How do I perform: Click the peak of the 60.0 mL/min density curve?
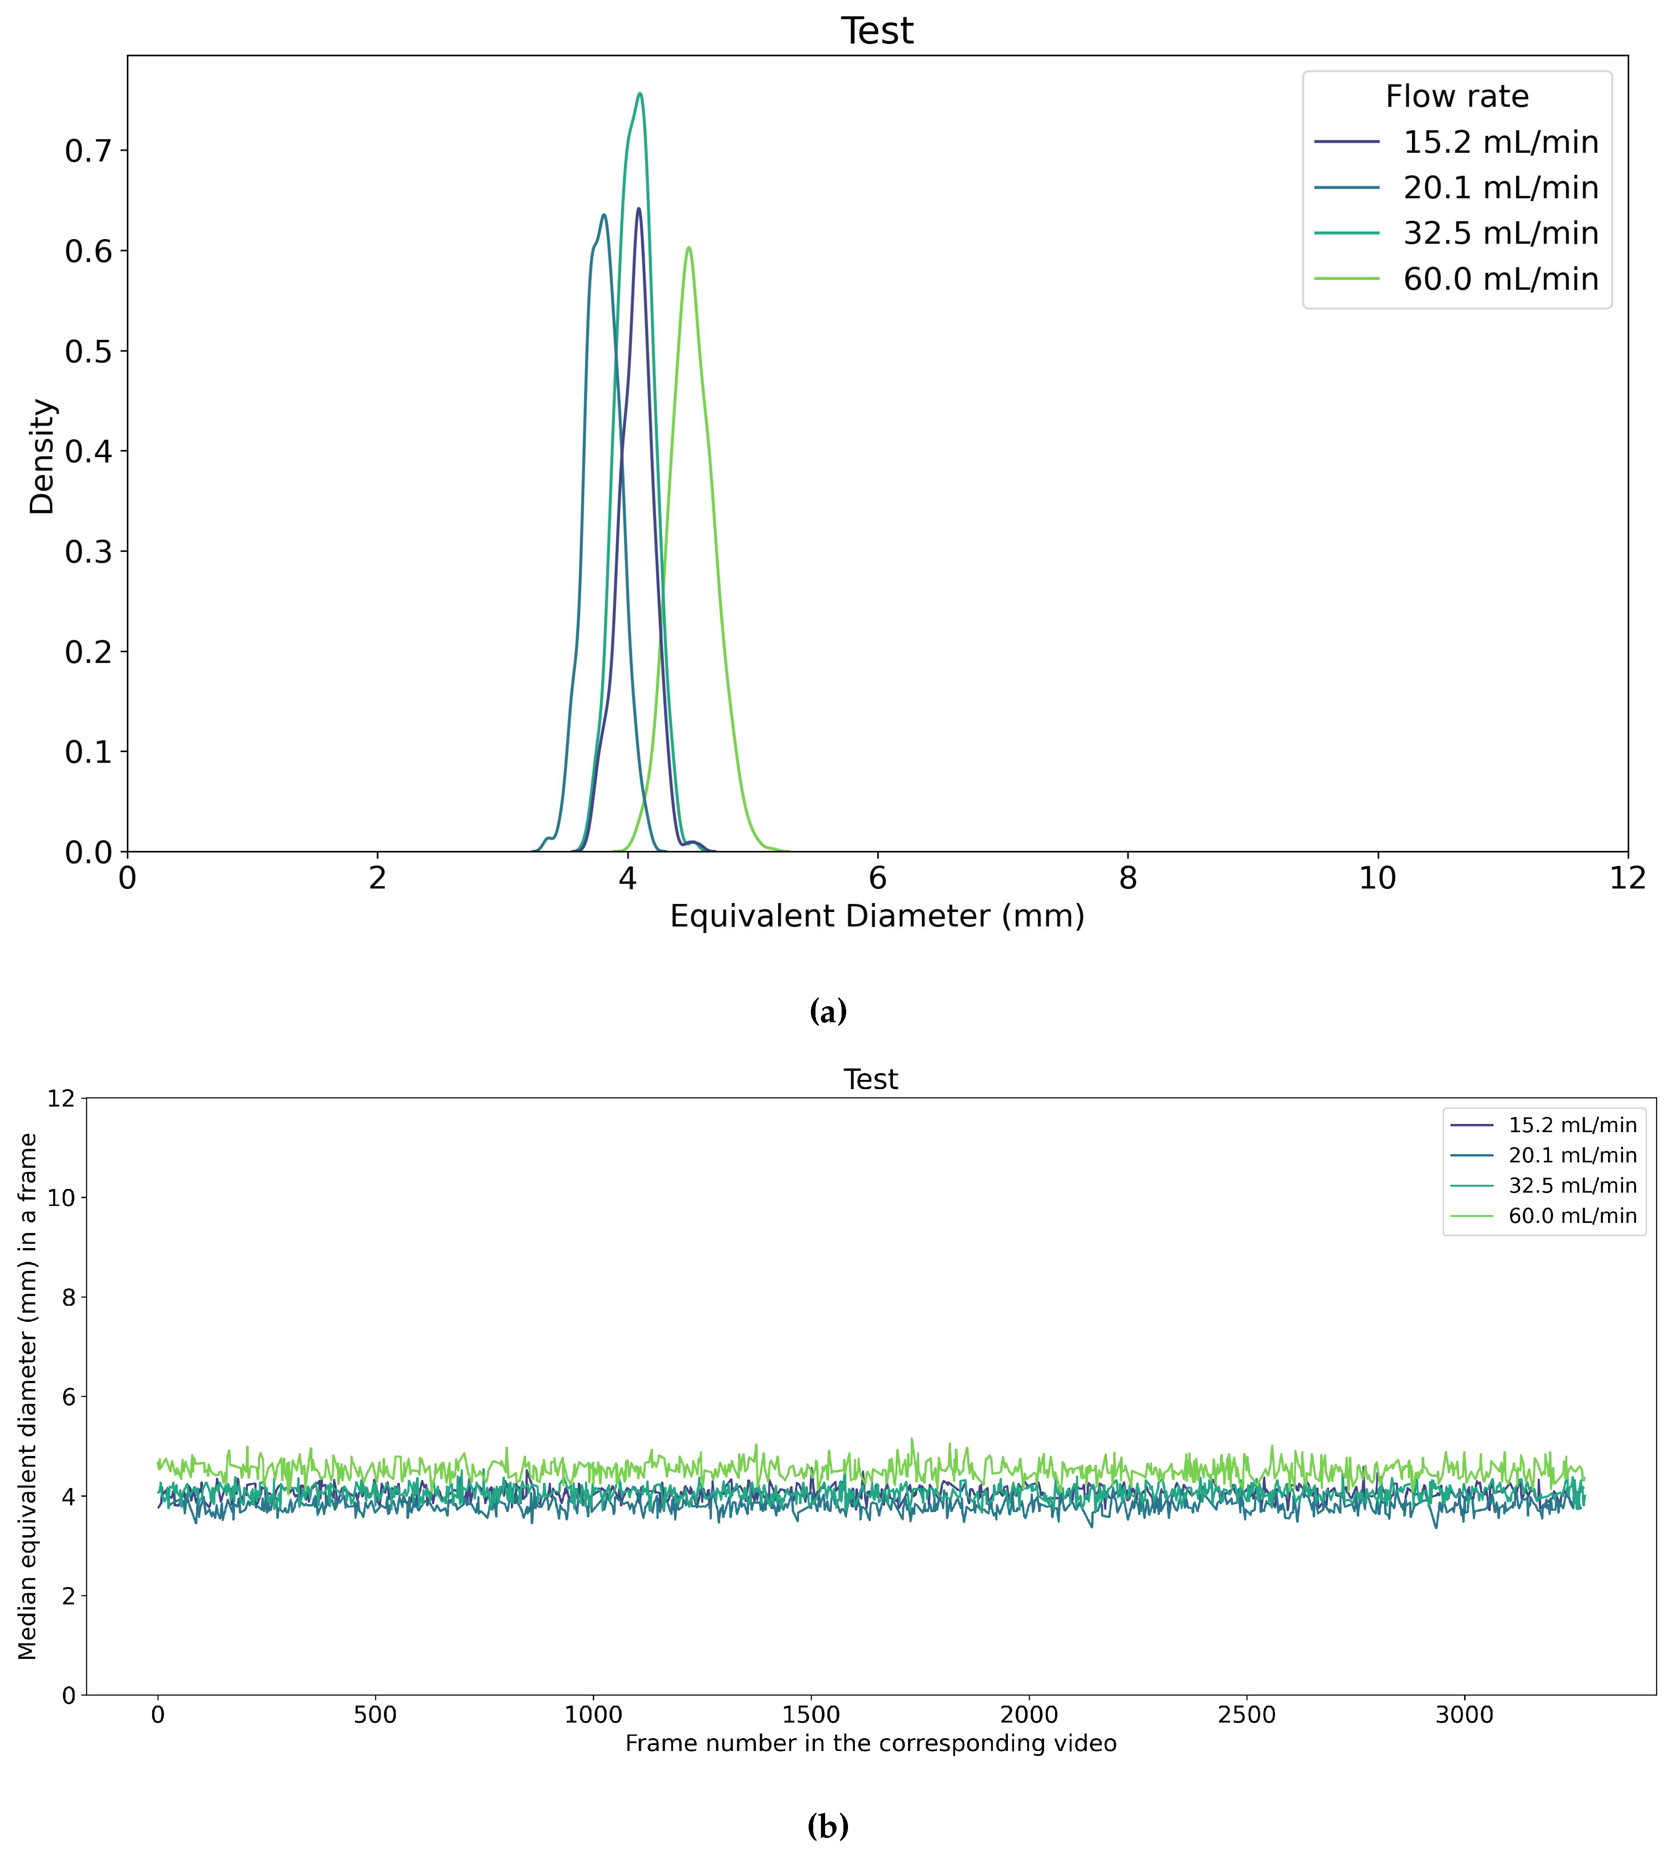[x=688, y=247]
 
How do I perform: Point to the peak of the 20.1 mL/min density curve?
[x=603, y=215]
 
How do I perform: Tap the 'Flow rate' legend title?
[x=1457, y=97]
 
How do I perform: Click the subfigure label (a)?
[x=828, y=1012]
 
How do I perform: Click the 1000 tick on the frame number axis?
[x=593, y=1715]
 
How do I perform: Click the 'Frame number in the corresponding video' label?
[x=870, y=1744]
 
